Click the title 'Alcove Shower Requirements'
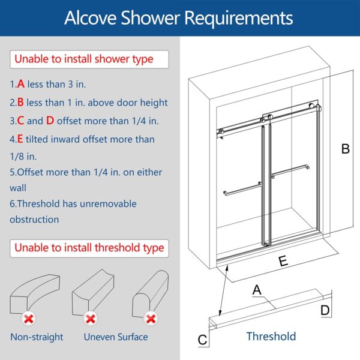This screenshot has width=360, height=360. click(179, 17)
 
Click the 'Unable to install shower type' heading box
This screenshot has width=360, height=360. click(84, 59)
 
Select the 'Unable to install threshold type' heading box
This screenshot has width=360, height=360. click(89, 247)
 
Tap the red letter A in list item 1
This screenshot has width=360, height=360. click(21, 85)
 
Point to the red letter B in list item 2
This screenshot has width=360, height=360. click(21, 103)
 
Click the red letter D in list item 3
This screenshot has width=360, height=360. click(50, 121)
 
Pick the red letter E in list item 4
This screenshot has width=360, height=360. click(20, 139)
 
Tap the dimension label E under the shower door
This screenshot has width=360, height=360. click(283, 261)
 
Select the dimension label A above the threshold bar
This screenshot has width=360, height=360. click(257, 290)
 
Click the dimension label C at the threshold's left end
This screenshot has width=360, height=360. click(203, 340)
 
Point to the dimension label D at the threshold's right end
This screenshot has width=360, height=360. click(325, 310)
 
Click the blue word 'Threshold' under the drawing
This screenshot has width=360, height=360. click(271, 336)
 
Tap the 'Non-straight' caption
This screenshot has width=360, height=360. click(37, 337)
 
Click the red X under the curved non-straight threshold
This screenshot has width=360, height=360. click(28, 318)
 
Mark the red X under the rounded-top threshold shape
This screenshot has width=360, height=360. click(151, 318)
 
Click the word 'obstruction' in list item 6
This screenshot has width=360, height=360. click(34, 220)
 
